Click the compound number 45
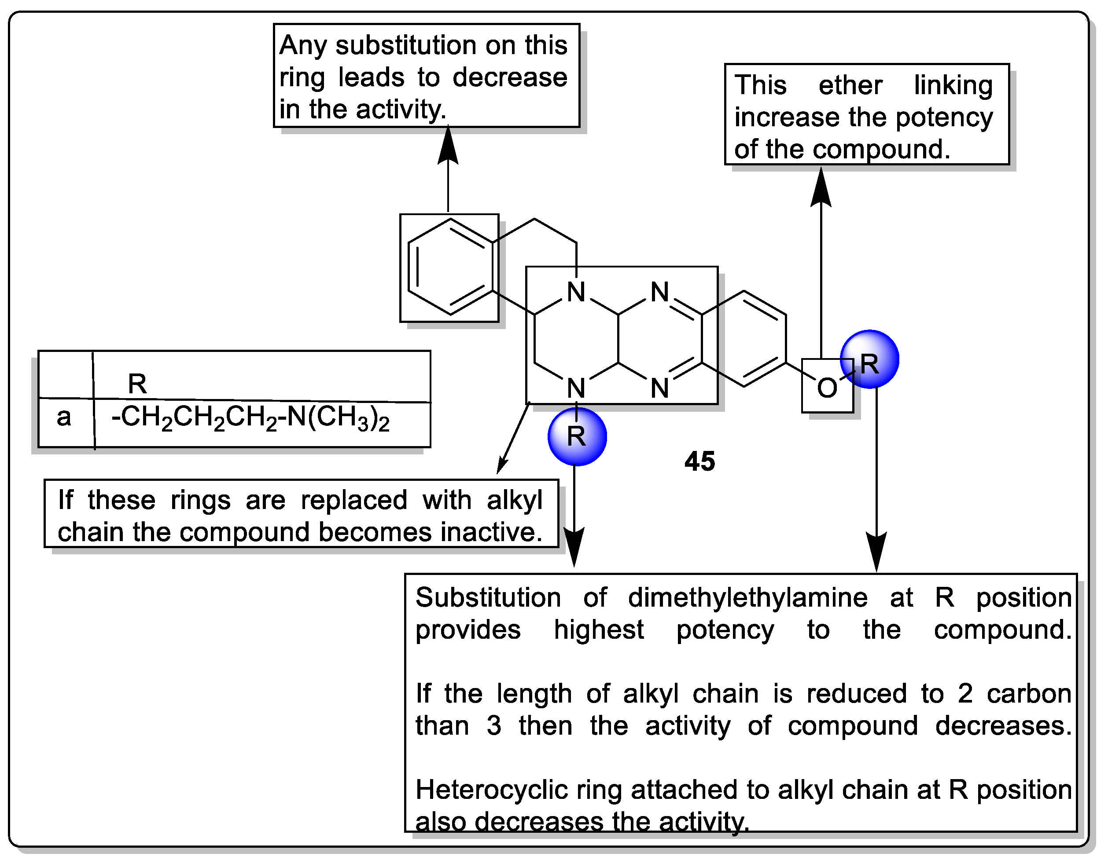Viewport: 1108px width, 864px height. (699, 461)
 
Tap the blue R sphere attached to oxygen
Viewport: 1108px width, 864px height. (869, 359)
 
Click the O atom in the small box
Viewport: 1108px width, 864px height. (827, 388)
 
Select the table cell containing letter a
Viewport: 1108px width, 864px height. (64, 417)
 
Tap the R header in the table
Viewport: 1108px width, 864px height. (137, 383)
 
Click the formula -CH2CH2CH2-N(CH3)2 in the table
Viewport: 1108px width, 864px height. (250, 419)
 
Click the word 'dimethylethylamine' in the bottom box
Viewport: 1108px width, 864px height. (748, 597)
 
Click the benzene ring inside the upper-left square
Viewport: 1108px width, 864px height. (450, 267)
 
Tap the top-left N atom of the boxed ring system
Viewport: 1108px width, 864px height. (576, 292)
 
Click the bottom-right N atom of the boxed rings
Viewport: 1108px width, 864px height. (659, 388)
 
